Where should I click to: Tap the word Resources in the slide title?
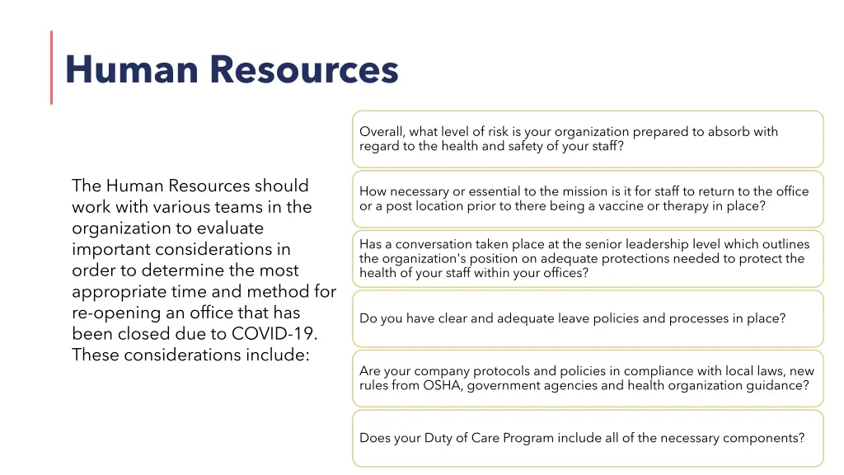click(x=304, y=69)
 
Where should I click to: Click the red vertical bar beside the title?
click(x=51, y=68)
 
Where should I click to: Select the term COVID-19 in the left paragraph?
click(x=275, y=334)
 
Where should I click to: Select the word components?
click(x=763, y=438)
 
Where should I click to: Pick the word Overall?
click(x=382, y=132)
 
